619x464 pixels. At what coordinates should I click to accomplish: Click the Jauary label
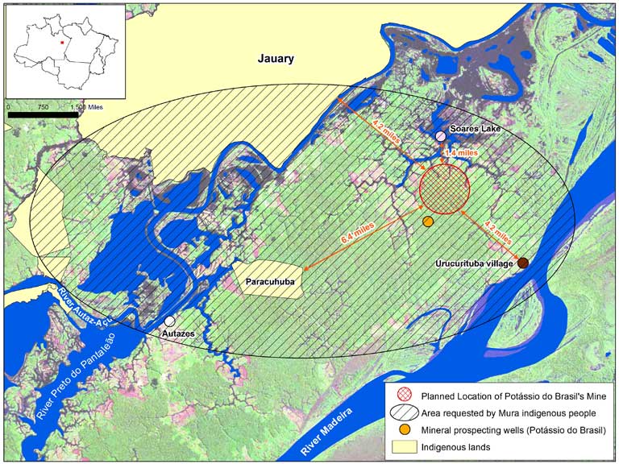pos(276,59)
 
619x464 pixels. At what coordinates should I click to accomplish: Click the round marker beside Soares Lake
pos(440,136)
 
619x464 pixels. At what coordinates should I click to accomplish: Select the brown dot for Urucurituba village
pos(523,263)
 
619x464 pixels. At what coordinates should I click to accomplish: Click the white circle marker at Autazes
pos(170,321)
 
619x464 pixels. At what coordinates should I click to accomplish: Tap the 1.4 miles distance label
pos(461,152)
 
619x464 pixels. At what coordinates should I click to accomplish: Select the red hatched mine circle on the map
pos(444,188)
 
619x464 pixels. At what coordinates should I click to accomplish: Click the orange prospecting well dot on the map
pos(428,222)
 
